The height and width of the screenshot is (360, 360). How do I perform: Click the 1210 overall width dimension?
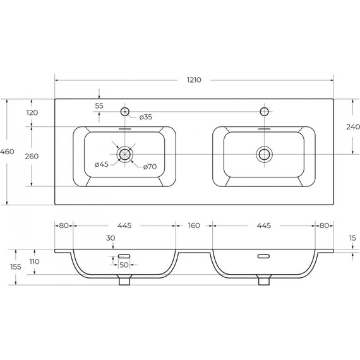[194, 80]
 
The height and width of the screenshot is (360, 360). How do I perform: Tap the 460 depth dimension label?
[7, 152]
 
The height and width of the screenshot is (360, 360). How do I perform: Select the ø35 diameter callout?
[145, 117]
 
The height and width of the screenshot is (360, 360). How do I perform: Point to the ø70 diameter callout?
[150, 167]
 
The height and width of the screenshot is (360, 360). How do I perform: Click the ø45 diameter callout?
[102, 164]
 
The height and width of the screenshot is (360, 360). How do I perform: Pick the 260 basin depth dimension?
[32, 157]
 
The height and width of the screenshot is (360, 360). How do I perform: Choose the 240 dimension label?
[353, 127]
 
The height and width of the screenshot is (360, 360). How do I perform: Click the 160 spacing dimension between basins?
[194, 225]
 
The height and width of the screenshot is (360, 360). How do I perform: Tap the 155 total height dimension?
[16, 267]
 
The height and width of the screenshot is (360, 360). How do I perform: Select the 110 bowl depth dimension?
[35, 261]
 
